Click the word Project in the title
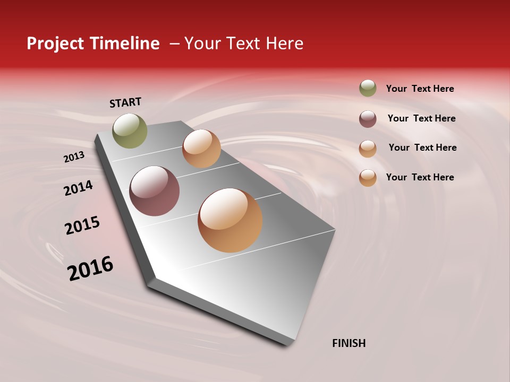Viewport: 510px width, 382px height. pos(55,44)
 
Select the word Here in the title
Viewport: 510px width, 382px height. pos(284,44)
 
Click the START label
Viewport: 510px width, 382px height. pos(125,102)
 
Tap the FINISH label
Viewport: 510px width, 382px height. pos(348,343)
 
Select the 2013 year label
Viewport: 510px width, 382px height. pos(74,157)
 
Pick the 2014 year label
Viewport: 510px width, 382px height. pos(78,188)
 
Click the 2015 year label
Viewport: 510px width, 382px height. pos(82,225)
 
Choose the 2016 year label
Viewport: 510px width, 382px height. pos(90,268)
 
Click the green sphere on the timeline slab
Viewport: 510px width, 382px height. pos(130,131)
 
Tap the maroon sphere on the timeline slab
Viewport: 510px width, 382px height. pos(155,191)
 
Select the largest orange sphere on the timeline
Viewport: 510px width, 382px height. pos(230,220)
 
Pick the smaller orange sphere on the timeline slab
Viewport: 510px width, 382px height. pos(201,149)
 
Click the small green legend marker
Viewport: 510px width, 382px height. pos(368,89)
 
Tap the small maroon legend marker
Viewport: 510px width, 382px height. pos(368,119)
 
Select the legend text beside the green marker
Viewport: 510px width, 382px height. pos(420,89)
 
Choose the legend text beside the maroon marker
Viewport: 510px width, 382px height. pos(421,118)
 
